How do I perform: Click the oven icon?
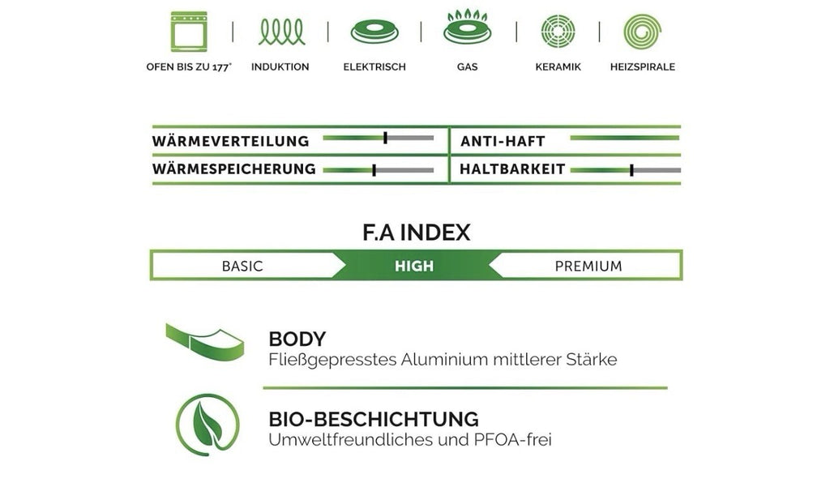click(x=189, y=32)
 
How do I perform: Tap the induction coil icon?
click(x=281, y=32)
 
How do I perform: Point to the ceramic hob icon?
click(x=558, y=32)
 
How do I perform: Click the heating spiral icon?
click(x=643, y=32)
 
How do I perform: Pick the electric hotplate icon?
click(x=374, y=32)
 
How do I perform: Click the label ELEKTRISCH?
click(x=374, y=67)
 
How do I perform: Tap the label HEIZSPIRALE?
click(x=643, y=67)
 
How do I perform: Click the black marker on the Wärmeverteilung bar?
click(x=385, y=138)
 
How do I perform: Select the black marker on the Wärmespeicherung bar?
click(x=374, y=170)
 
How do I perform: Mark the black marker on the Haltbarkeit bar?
click(x=631, y=170)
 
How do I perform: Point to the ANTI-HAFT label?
click(x=503, y=141)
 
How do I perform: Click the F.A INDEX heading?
click(x=416, y=233)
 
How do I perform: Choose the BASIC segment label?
click(x=242, y=266)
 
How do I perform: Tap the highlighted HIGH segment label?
click(x=414, y=266)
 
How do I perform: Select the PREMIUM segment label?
click(x=588, y=266)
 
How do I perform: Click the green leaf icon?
click(x=207, y=425)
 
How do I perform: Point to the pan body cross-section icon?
click(x=205, y=342)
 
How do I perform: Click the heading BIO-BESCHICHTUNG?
click(x=374, y=419)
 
